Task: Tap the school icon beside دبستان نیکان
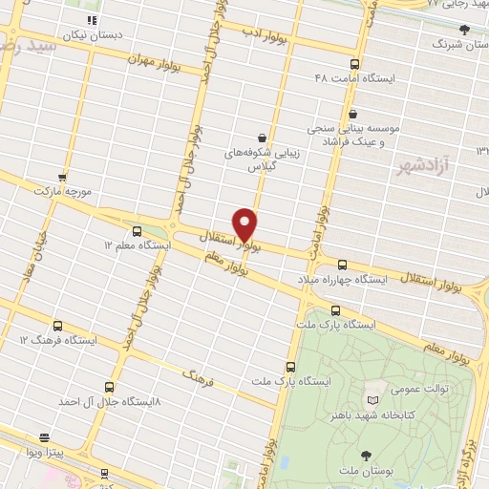[x=92, y=20]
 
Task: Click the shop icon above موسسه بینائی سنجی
[x=352, y=113]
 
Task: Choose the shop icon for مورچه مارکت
[x=62, y=178]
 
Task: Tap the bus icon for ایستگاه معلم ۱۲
[x=138, y=231]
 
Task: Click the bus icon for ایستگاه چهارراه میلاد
[x=342, y=265]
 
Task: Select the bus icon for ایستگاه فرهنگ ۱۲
[x=58, y=326]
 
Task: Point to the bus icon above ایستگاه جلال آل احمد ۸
[x=109, y=388]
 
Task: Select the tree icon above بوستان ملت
[x=366, y=456]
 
